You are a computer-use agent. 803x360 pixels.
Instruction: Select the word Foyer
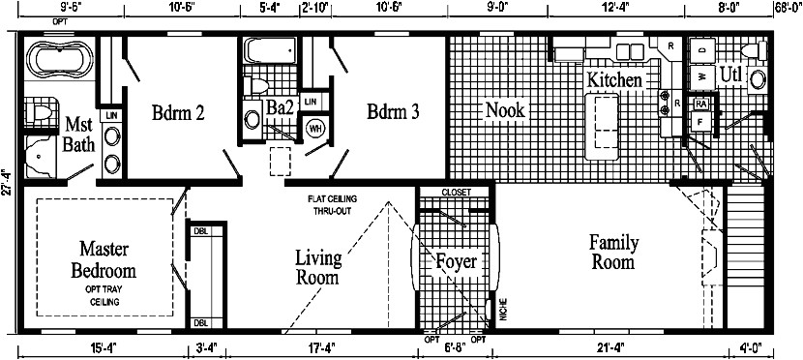455,261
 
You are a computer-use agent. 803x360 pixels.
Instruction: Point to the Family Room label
611,251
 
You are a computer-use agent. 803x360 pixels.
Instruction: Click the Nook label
505,110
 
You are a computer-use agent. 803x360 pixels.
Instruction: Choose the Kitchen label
614,80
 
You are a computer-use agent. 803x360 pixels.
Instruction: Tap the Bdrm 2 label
178,111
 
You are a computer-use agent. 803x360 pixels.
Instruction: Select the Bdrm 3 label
393,111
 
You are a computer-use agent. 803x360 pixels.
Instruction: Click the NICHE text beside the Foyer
502,310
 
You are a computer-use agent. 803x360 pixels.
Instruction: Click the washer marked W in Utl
700,75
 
